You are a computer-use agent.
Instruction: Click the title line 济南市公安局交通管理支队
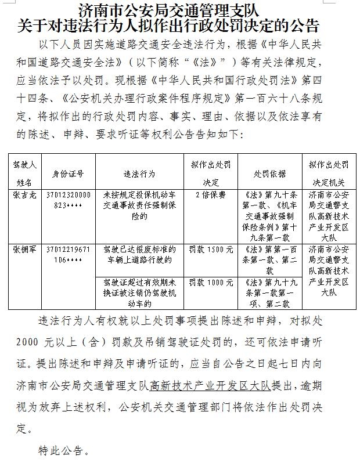coord(168,10)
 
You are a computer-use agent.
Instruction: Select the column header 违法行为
coord(139,174)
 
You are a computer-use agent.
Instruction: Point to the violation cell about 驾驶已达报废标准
coord(139,254)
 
